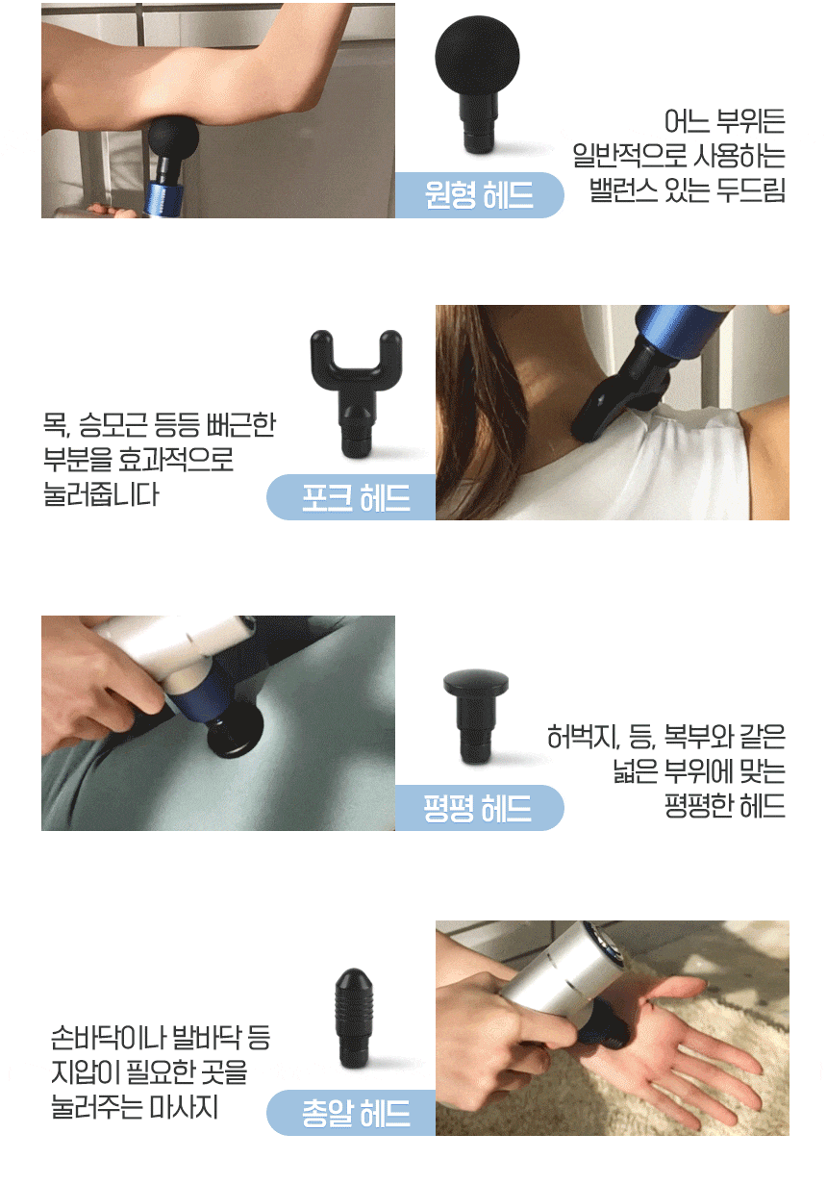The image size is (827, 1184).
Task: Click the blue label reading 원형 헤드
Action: tap(479, 194)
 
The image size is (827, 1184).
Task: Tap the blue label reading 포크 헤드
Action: tap(351, 497)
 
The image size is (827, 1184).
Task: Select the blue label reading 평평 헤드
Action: tap(479, 808)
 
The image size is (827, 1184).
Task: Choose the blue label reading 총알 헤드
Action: tap(351, 1112)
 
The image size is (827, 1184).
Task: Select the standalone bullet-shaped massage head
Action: tap(353, 1018)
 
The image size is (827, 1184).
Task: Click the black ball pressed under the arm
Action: tap(173, 139)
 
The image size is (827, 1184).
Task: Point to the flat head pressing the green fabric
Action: tap(235, 734)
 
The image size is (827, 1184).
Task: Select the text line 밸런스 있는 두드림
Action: tap(687, 189)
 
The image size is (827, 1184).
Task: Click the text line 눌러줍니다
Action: tap(101, 494)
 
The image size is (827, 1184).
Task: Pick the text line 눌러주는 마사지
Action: tap(135, 1107)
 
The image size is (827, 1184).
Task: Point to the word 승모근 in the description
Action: tap(113, 424)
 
